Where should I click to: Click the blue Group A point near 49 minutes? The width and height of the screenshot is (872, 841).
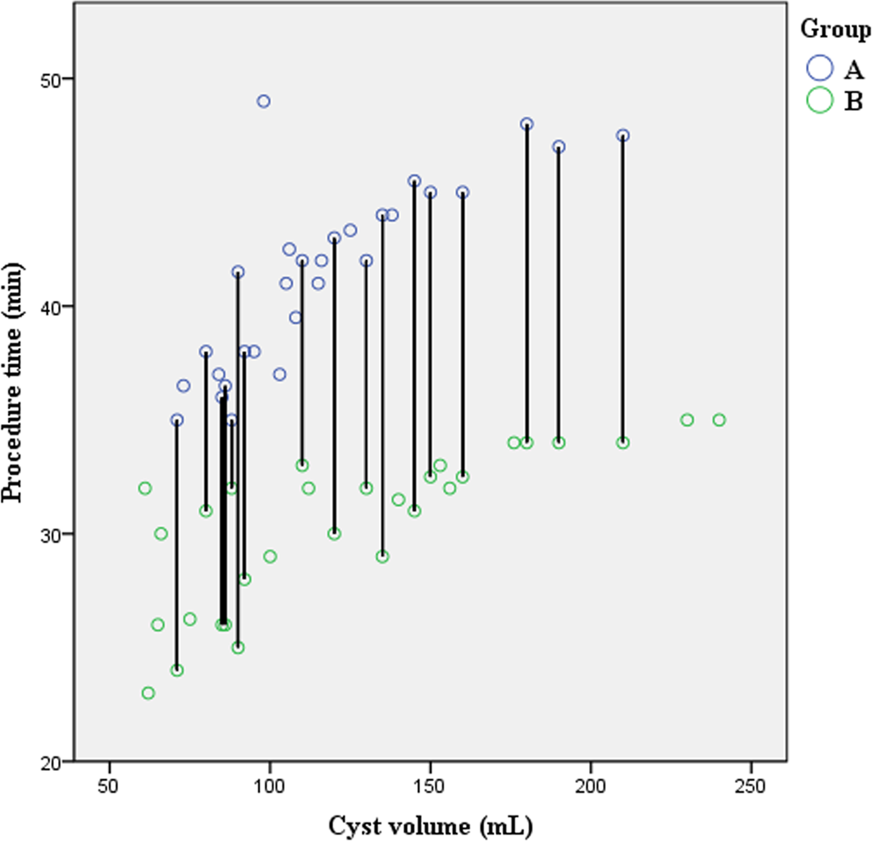click(x=263, y=101)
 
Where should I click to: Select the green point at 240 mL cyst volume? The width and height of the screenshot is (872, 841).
click(x=719, y=420)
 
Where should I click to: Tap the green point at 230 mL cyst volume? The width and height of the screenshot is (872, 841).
click(x=687, y=420)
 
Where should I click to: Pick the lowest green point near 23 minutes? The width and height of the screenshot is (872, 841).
click(x=148, y=693)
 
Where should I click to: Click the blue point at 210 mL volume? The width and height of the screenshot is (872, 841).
click(x=622, y=135)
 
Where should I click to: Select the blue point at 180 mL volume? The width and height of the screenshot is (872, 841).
click(x=527, y=124)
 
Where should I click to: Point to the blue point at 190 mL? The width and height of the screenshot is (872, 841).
click(x=558, y=147)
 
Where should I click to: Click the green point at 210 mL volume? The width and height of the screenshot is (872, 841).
click(x=622, y=442)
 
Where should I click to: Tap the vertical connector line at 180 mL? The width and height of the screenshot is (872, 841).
click(x=527, y=282)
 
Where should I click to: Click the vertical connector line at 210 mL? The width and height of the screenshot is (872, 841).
click(x=622, y=290)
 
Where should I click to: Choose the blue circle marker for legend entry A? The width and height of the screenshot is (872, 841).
click(x=820, y=68)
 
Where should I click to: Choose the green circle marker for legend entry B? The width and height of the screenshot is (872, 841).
click(x=820, y=101)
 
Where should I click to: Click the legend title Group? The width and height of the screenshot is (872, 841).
click(x=835, y=28)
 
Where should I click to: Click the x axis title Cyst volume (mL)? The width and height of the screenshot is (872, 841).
click(x=431, y=825)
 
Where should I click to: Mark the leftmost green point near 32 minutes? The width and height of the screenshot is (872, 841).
click(x=144, y=488)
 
